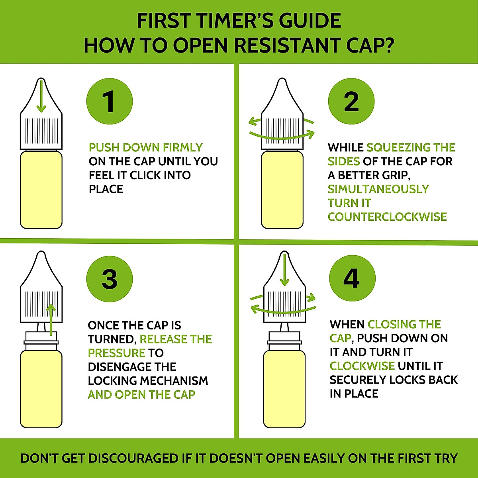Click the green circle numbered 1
110,101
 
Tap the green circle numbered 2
351,101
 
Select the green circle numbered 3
110,279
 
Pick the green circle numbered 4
352,278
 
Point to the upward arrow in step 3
51,320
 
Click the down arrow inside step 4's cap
284,269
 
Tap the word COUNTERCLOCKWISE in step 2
387,217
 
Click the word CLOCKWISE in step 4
362,366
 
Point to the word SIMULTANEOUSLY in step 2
378,189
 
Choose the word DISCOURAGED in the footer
133,458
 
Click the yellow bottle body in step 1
41,190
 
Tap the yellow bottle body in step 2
282,190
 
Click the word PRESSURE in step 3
117,353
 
